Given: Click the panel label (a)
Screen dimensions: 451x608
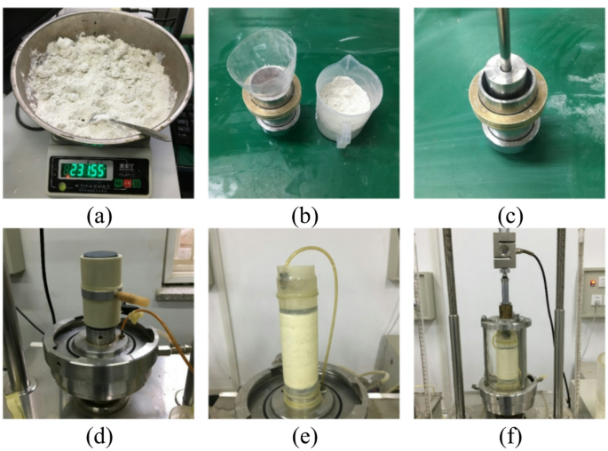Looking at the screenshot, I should click(99, 215).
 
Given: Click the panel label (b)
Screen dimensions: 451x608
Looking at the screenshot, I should click(304, 215).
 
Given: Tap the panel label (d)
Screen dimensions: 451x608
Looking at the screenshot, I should click(99, 436).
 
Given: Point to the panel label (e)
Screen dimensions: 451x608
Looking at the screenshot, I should click(304, 436).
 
